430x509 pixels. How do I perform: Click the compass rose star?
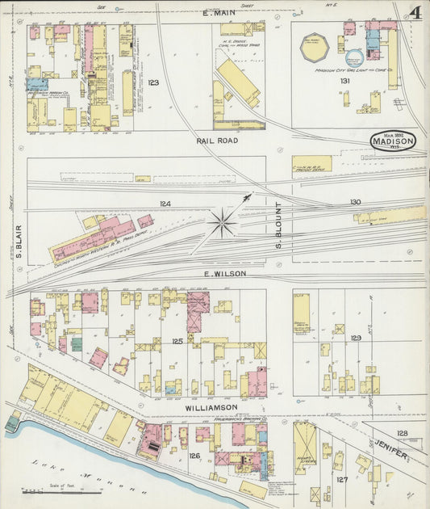click(223, 221)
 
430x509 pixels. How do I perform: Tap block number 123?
click(153, 83)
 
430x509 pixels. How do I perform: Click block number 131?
click(344, 81)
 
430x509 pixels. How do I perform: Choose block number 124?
click(165, 204)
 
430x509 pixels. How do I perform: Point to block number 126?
click(194, 456)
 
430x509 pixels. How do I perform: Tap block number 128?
click(402, 434)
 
